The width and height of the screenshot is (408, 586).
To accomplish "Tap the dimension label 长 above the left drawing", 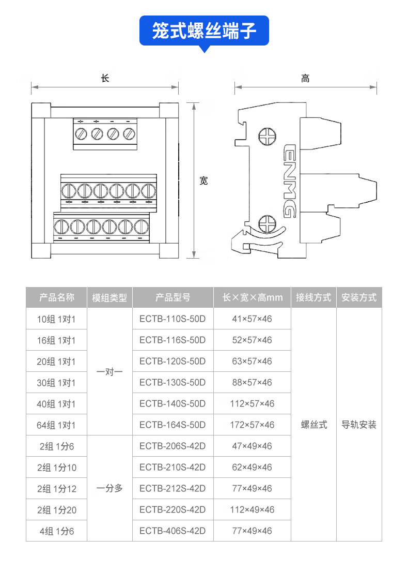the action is [105, 79].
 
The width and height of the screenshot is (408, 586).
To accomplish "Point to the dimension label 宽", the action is [203, 181].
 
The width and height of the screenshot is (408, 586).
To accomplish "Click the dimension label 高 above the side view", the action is [305, 79].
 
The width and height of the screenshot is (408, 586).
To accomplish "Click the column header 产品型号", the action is [172, 297].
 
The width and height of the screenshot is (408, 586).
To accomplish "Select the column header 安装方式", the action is [359, 297].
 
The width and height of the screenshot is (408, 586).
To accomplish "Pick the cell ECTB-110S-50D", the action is [172, 319].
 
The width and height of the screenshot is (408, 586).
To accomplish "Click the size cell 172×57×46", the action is [252, 425].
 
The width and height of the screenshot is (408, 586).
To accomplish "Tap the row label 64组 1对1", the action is [56, 425].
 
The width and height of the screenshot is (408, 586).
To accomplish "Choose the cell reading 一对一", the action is [109, 372].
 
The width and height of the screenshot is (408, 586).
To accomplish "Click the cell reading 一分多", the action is [109, 488].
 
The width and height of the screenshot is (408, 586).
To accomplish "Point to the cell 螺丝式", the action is [314, 425].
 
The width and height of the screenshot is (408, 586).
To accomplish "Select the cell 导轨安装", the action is [359, 425].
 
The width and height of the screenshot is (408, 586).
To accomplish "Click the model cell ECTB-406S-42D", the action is [172, 531].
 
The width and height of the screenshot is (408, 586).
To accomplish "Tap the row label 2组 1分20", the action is [56, 510].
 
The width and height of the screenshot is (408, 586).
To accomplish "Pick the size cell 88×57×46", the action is [252, 382].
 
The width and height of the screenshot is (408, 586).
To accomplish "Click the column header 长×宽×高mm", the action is [252, 297].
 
